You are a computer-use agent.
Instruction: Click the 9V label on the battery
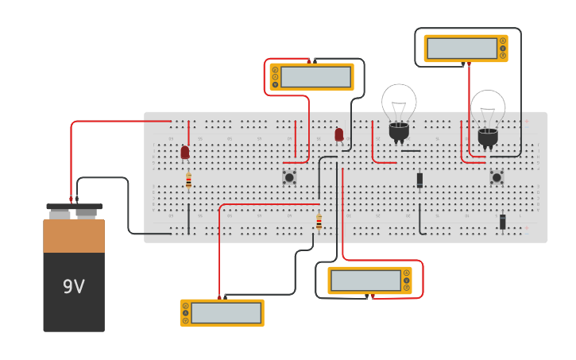[x=73, y=287]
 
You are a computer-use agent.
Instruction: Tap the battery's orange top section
[x=74, y=236]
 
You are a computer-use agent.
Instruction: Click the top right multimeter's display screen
[x=462, y=48]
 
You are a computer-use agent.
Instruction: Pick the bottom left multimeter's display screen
[x=226, y=313]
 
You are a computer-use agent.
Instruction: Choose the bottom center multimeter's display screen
[x=365, y=281]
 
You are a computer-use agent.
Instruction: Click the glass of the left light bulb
[x=399, y=102]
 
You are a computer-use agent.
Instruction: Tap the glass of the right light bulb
[x=488, y=107]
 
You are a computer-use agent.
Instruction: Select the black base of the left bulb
[x=399, y=130]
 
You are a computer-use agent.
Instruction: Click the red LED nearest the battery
[x=185, y=152]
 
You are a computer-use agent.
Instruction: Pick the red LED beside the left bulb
[x=339, y=134]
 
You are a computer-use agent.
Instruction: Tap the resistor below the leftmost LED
[x=188, y=180]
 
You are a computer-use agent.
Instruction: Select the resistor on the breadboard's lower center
[x=319, y=222]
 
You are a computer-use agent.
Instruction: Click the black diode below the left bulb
[x=419, y=180]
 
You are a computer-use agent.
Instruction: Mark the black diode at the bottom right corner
[x=502, y=222]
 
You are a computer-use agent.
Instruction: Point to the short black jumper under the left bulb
[x=411, y=151]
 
